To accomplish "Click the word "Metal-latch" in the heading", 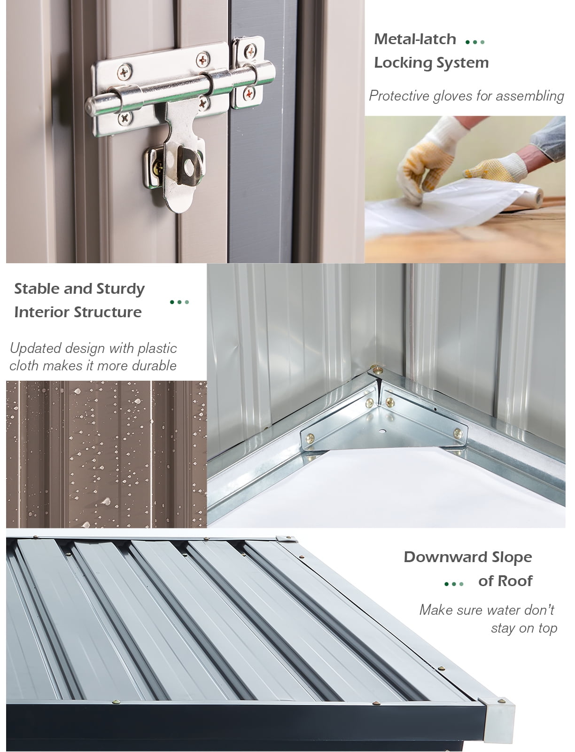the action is (x=415, y=39).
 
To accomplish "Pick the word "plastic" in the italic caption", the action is (x=157, y=349).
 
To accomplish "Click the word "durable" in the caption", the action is (x=154, y=366).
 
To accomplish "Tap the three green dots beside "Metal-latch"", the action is (x=475, y=42).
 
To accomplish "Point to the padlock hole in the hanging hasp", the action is (x=189, y=168).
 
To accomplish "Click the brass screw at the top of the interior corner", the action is (x=378, y=370).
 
